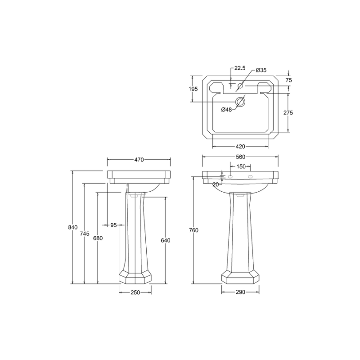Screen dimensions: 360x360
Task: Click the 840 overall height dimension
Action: tap(73, 227)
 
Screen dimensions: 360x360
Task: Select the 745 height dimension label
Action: tap(85, 234)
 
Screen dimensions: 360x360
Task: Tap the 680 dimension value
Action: tap(98, 238)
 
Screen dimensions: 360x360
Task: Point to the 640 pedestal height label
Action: tap(166, 240)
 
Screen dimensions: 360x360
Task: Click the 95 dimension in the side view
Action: tap(113, 225)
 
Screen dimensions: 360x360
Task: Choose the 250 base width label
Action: tap(135, 292)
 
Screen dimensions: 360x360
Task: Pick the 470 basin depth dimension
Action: tap(139, 160)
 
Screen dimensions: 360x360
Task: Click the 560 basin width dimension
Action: tap(240, 157)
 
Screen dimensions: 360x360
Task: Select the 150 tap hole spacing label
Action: tap(241, 166)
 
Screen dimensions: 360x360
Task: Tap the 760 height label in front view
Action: tap(193, 230)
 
